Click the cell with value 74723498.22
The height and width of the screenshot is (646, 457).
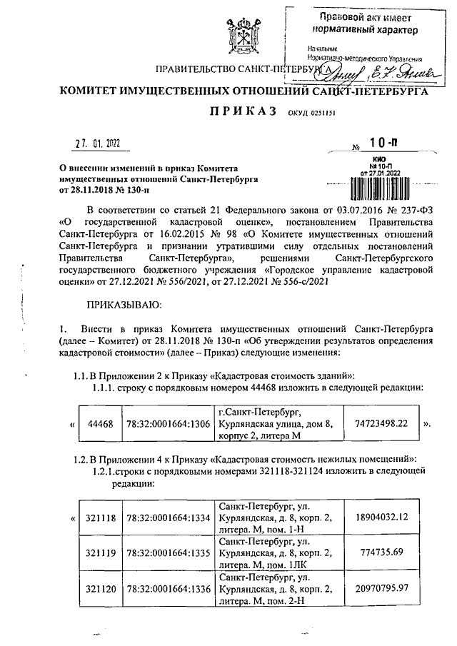(x=382, y=423)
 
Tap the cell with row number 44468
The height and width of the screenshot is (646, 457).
(x=99, y=424)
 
